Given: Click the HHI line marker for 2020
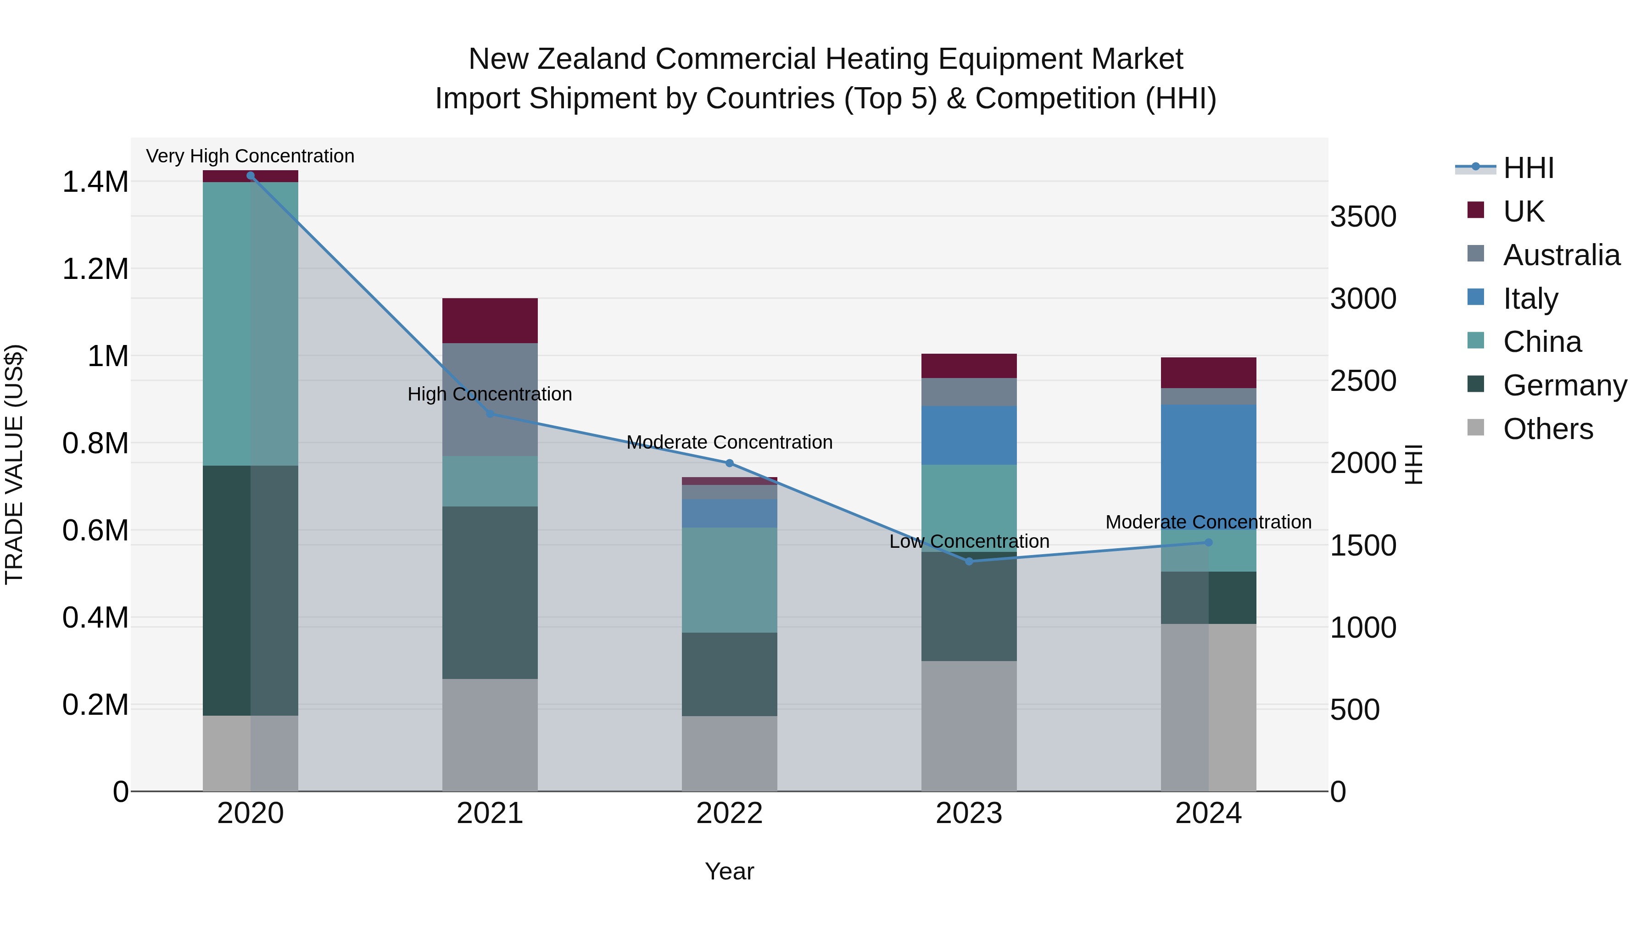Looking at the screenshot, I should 250,176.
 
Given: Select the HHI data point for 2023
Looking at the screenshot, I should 969,562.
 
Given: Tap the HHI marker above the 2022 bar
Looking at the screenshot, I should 729,463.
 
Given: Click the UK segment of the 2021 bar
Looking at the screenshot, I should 490,321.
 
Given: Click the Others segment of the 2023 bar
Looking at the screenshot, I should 969,726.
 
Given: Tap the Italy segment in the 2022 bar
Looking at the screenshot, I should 729,513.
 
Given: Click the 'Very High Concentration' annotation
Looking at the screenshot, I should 250,156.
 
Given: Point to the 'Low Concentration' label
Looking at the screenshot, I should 969,542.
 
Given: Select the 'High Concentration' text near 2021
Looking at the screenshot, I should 490,394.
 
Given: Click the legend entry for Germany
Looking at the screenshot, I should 1565,385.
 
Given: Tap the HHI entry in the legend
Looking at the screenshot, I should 1528,168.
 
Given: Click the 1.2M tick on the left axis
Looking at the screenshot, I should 95,269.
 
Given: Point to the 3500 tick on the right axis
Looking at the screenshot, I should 1363,217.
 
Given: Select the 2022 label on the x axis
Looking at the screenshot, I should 729,813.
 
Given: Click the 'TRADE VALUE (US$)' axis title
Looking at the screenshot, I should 14,464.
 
